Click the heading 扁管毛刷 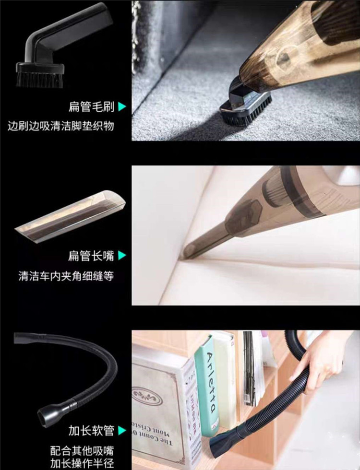(x=92, y=106)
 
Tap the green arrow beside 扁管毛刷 (x=122, y=106)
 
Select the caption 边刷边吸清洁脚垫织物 (x=61, y=126)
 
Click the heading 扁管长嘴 (x=91, y=256)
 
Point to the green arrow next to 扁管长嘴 (x=122, y=256)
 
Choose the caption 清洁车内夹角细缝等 (x=66, y=276)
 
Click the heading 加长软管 (x=92, y=431)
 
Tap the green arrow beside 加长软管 (x=122, y=431)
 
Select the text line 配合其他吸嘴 (x=82, y=451)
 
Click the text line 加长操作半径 (x=82, y=463)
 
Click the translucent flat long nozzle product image (x=70, y=216)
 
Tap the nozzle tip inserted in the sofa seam (x=187, y=254)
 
